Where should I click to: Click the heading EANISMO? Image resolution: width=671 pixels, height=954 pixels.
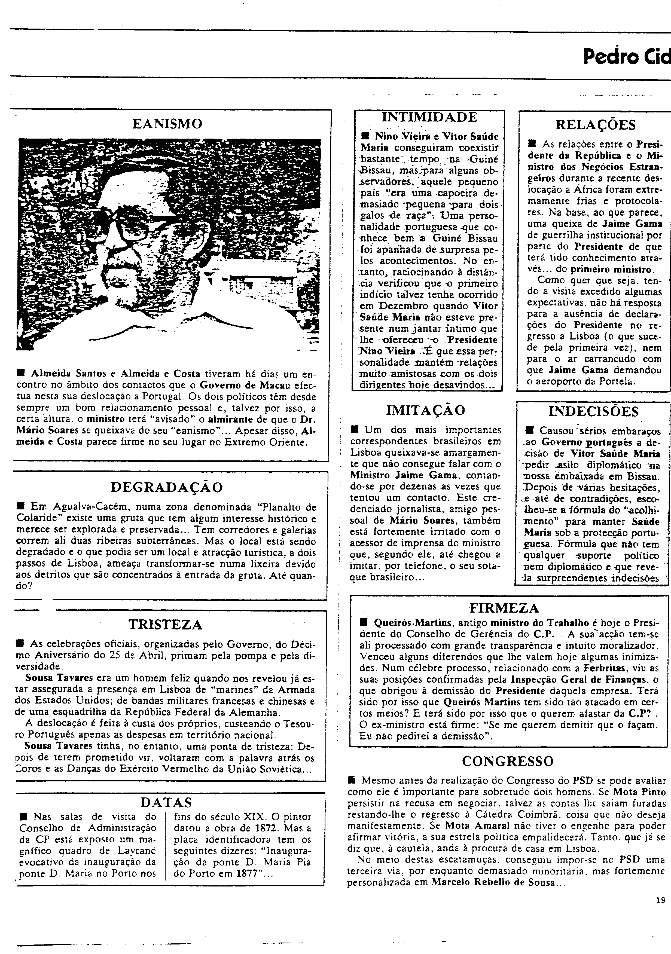(x=168, y=124)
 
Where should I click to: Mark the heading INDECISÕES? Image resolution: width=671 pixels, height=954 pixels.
(x=593, y=411)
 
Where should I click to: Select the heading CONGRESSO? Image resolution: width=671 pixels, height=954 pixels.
(x=508, y=761)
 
